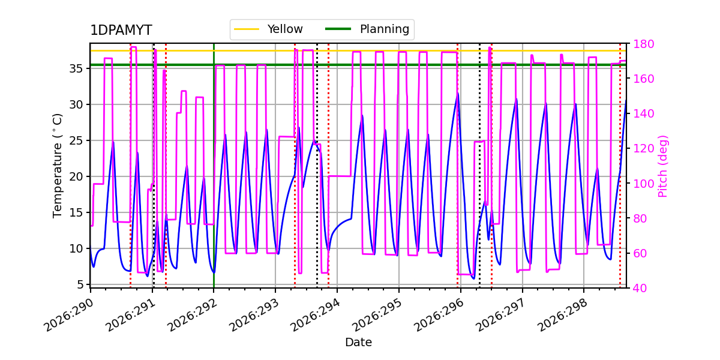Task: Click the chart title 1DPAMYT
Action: click(x=121, y=30)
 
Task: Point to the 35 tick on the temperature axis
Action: click(x=76, y=68)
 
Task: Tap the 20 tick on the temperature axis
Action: click(x=76, y=176)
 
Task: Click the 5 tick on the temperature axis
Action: click(x=80, y=284)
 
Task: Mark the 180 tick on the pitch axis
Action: click(x=643, y=44)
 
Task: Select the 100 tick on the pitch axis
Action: click(x=643, y=184)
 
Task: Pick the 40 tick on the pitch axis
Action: click(x=640, y=288)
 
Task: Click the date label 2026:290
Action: click(x=68, y=314)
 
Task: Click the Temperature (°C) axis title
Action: click(x=57, y=166)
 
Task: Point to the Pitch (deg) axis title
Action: click(x=663, y=166)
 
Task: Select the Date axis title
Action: click(x=358, y=342)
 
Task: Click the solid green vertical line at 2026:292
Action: click(x=214, y=166)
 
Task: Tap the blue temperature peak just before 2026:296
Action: click(x=458, y=94)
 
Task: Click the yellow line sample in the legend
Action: click(x=247, y=29)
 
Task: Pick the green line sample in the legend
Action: click(x=338, y=29)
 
